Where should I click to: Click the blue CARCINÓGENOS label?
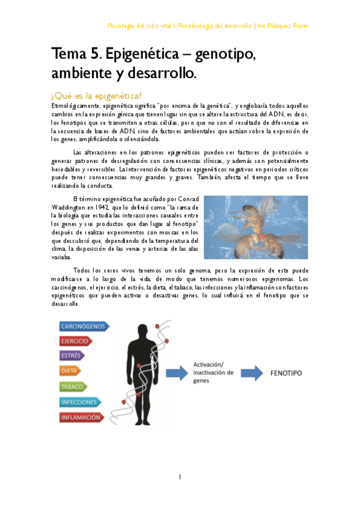coord(83,327)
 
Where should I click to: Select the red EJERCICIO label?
coord(75,341)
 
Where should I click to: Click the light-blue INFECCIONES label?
coord(79,402)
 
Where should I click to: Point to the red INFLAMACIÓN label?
coord(80,417)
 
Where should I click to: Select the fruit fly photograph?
coord(255,227)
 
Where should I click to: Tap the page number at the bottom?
coord(180,476)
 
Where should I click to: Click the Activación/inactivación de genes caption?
coord(212,369)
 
